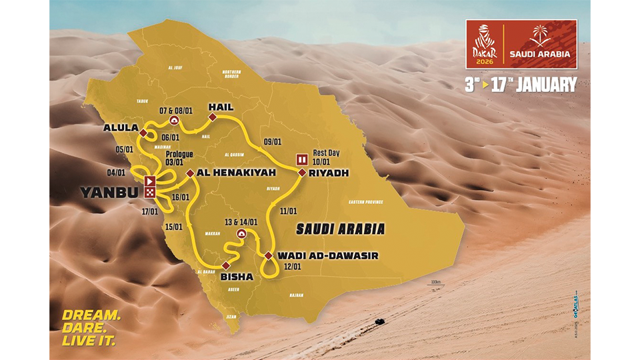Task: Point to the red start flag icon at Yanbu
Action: pyautogui.click(x=150, y=180)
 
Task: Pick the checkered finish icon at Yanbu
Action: pyautogui.click(x=150, y=192)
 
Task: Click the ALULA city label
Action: pyautogui.click(x=121, y=127)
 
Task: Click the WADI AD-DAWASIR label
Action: pyautogui.click(x=313, y=255)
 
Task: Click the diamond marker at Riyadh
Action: pyautogui.click(x=301, y=173)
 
